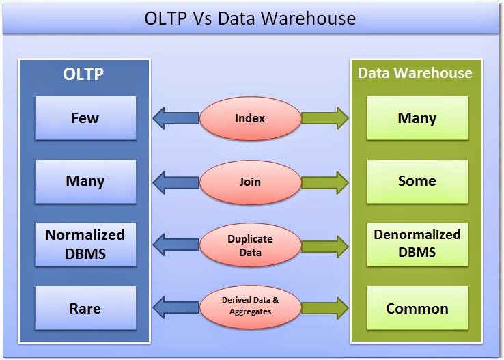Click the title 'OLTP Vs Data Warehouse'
250,18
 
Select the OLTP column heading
83,74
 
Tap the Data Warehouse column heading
415,73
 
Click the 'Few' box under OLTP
85,118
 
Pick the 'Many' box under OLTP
85,181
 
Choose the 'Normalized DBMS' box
85,244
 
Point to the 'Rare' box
85,308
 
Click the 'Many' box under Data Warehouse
417,118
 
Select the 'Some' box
417,181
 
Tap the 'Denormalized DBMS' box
417,244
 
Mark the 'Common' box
417,308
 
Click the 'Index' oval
250,118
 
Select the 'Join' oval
250,182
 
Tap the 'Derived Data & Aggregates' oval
250,305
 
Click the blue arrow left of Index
176,118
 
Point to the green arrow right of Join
324,182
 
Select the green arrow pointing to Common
324,305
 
